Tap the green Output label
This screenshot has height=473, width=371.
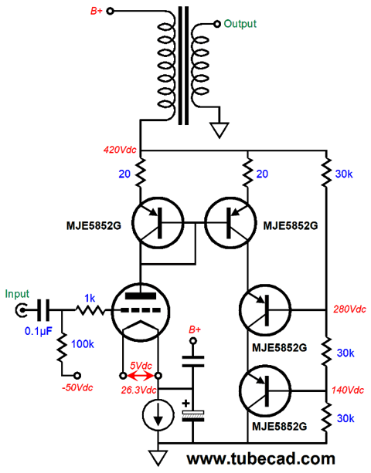click(x=240, y=24)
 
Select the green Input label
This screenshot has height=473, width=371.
click(x=17, y=294)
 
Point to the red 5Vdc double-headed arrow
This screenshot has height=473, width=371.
click(x=140, y=377)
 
